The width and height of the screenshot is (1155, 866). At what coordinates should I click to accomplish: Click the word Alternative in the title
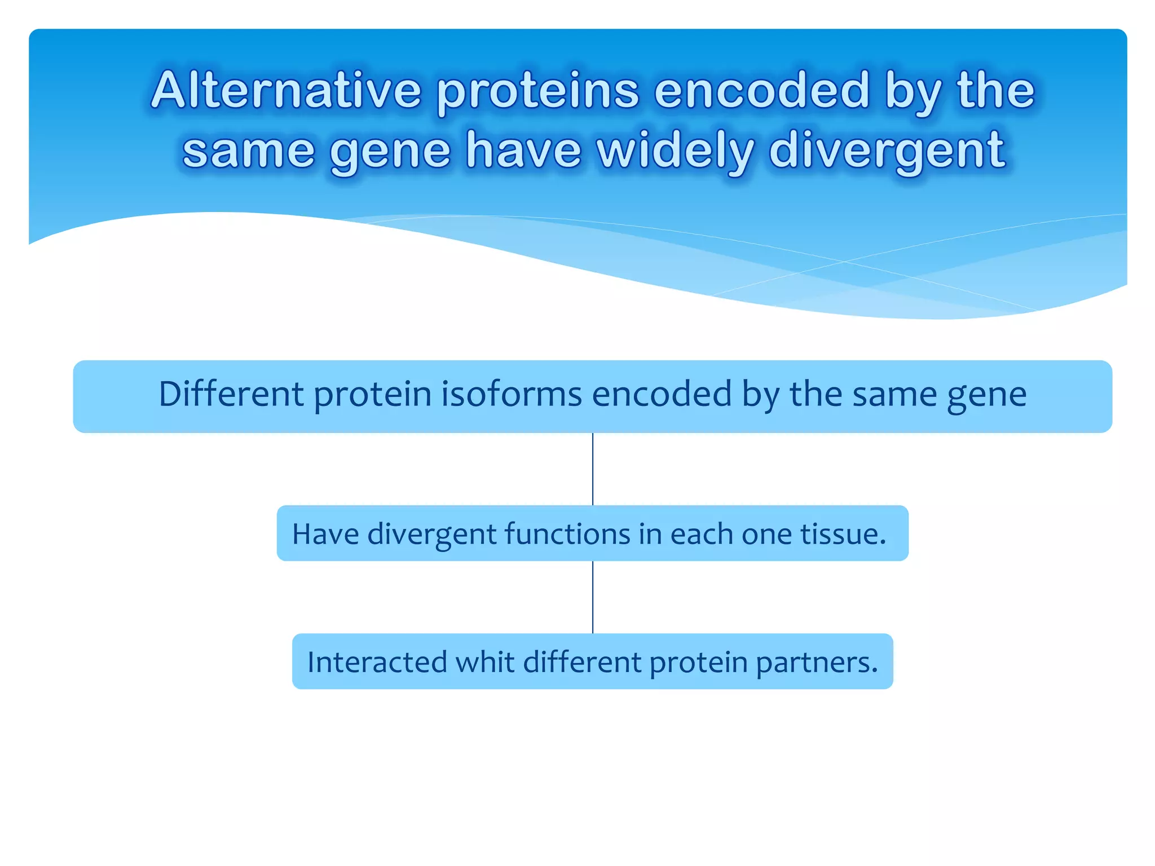click(x=286, y=90)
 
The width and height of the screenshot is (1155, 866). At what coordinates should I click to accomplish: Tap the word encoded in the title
click(x=761, y=90)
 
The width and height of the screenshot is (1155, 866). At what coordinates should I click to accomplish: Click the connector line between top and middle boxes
click(x=593, y=469)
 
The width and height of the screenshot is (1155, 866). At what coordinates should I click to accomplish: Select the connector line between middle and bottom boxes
click(x=593, y=597)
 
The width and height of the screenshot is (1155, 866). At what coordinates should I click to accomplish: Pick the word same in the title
click(x=248, y=151)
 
